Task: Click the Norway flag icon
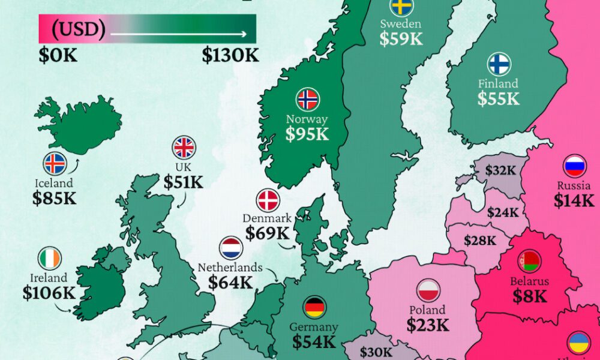[x=308, y=99]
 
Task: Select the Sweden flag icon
[x=400, y=7]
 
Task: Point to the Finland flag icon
[x=499, y=64]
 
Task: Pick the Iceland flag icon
[x=55, y=163]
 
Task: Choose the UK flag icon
[x=184, y=148]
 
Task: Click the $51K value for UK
[x=184, y=182]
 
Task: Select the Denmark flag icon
[x=268, y=200]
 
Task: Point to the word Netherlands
[x=230, y=268]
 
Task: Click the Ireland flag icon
[x=50, y=258]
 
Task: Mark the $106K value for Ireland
[x=49, y=293]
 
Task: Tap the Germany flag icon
[x=314, y=307]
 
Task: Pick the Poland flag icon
[x=428, y=290]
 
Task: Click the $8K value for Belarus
[x=530, y=296]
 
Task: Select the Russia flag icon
[x=574, y=166]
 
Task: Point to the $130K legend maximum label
[x=230, y=56]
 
